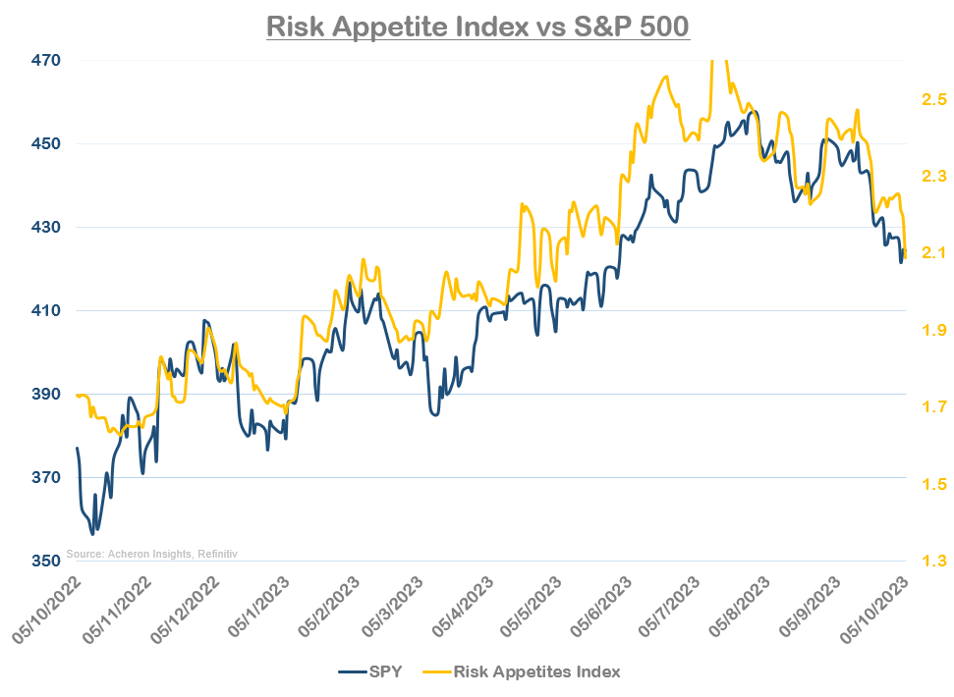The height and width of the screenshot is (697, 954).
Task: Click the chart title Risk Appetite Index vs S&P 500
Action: (x=478, y=25)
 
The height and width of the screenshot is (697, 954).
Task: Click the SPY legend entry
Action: (x=367, y=671)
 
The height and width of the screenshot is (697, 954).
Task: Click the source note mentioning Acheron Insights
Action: (x=152, y=554)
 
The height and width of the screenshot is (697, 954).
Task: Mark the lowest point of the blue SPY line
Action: (x=92, y=534)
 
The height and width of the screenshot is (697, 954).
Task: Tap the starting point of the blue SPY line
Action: (x=77, y=449)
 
